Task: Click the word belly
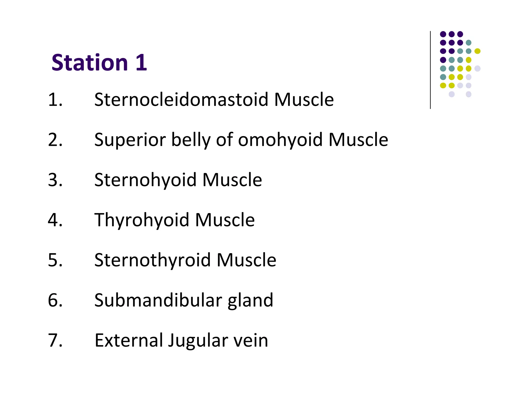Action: point(191,140)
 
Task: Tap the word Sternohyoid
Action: point(146,180)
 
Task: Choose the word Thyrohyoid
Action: point(142,220)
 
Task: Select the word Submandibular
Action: point(158,300)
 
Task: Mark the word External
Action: point(128,340)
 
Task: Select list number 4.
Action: point(55,220)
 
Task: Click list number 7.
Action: point(55,340)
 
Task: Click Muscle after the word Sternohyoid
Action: point(232,180)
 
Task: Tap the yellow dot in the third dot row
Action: point(477,51)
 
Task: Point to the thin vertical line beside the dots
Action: point(430,70)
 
